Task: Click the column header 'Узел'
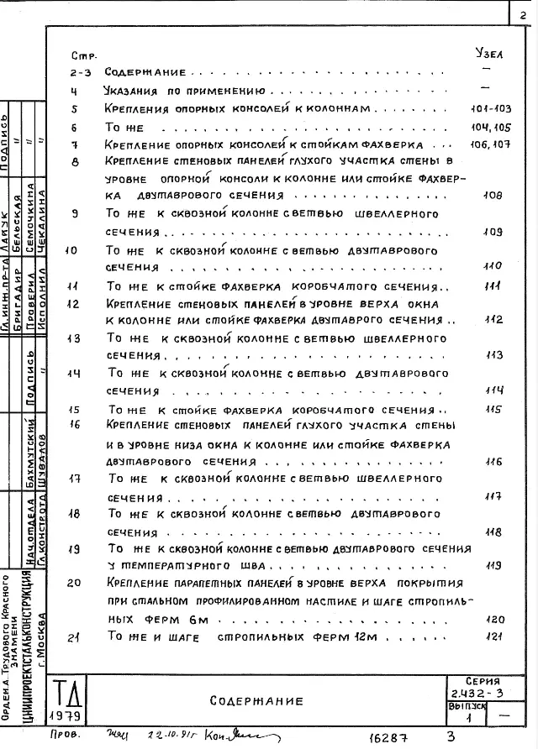coord(488,53)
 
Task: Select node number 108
coord(493,195)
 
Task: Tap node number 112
coord(493,319)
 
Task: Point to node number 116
coord(493,461)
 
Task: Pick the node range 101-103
coord(492,109)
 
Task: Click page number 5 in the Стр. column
coord(74,109)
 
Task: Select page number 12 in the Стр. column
coord(73,304)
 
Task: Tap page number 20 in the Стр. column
coord(74,583)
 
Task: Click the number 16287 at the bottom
coord(388,737)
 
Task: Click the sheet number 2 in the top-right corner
coord(523,13)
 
